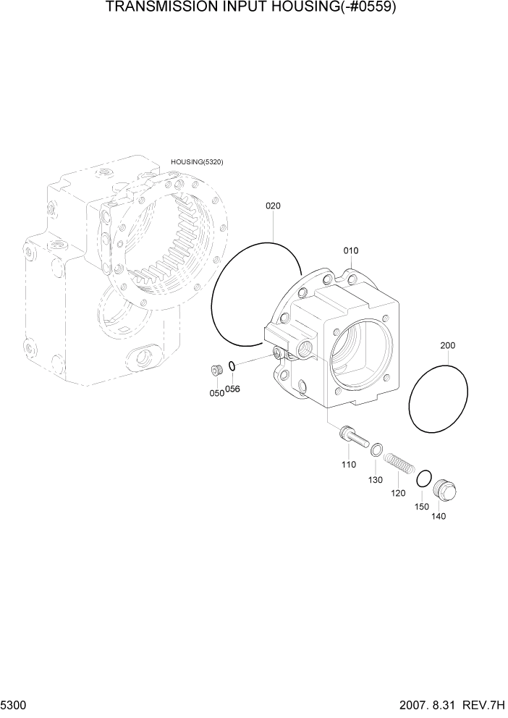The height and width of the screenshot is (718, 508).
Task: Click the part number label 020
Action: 273,206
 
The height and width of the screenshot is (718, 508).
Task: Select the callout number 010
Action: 351,250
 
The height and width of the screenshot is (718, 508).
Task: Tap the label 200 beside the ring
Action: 448,346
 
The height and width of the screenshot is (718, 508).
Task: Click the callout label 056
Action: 232,389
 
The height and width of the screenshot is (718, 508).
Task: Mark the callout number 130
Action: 375,479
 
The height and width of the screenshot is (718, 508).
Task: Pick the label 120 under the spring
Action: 398,493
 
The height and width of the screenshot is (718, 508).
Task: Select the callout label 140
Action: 439,516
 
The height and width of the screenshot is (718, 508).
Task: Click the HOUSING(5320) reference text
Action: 197,162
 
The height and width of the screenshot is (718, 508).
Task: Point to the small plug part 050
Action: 216,371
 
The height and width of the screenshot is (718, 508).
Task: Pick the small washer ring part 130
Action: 376,451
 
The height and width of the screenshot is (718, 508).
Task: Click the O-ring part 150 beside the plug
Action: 423,478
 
